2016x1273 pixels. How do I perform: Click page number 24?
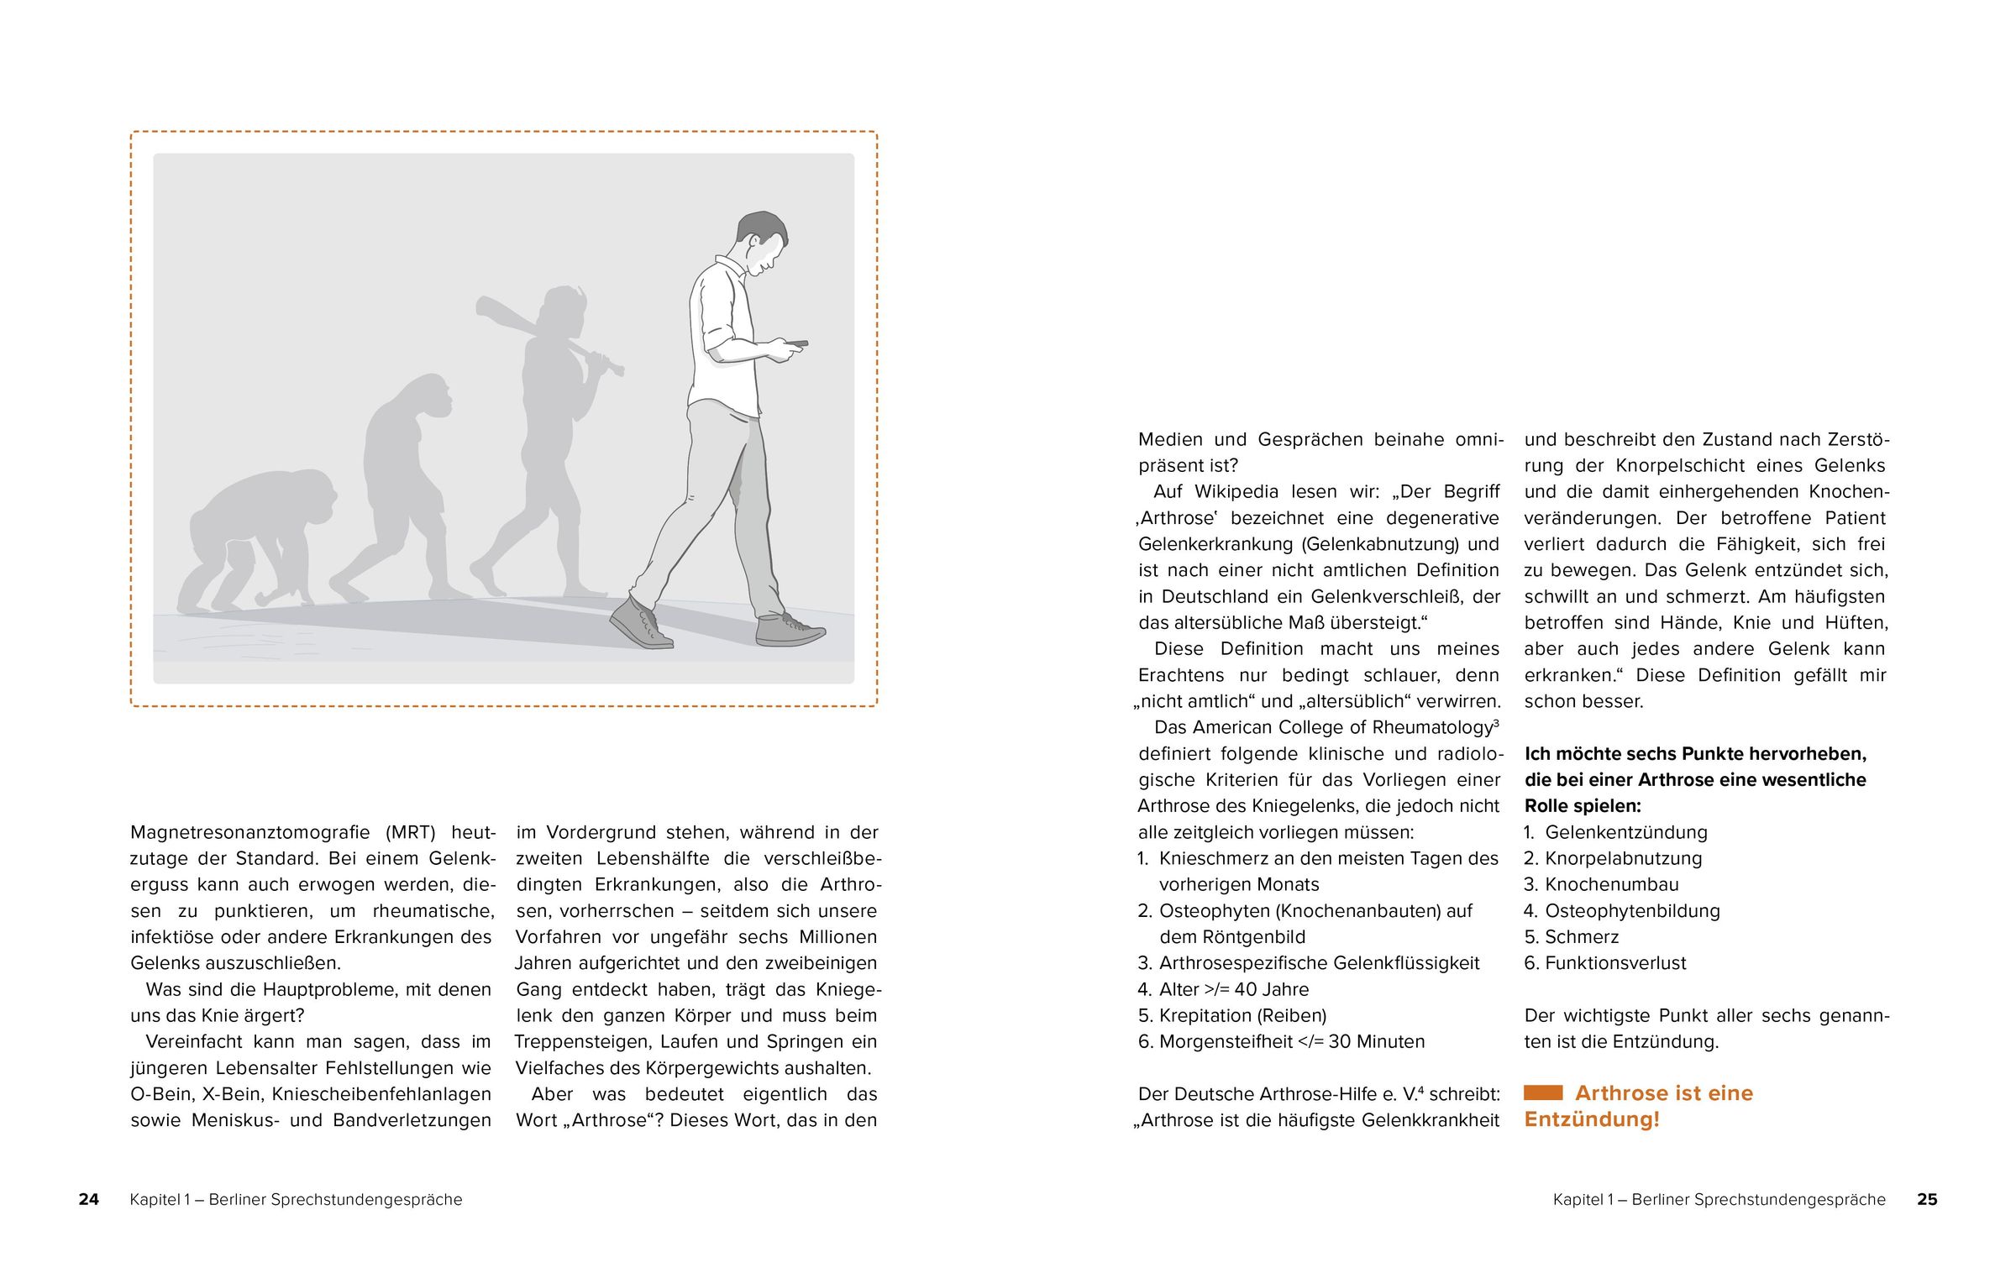(x=88, y=1199)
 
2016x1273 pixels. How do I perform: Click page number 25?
(x=1927, y=1199)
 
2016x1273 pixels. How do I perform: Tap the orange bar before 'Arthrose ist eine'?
(x=1543, y=1092)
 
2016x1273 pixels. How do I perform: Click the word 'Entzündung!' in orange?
(x=1592, y=1119)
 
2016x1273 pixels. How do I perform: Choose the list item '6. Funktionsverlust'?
(x=1604, y=963)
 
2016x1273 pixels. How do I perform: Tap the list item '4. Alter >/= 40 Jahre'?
(x=1223, y=989)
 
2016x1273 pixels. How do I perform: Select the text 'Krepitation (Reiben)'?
(x=1242, y=1015)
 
